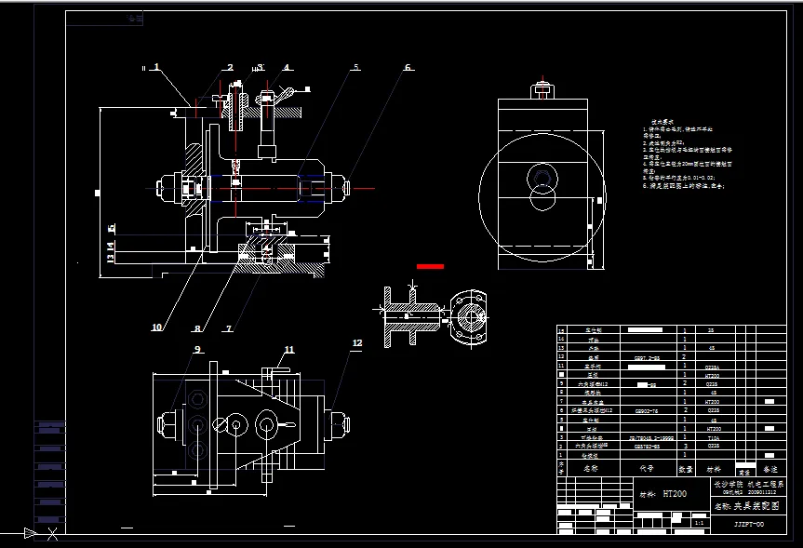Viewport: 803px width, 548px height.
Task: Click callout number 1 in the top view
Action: (157, 67)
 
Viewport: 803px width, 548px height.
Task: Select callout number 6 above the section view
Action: (408, 67)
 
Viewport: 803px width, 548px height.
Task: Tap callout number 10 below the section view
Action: (156, 327)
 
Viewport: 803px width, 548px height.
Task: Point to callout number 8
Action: (196, 327)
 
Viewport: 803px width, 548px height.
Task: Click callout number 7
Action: (229, 327)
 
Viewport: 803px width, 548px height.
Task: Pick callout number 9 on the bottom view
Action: (197, 350)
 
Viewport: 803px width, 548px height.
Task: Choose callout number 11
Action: (289, 350)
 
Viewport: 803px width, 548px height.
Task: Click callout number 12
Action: (356, 343)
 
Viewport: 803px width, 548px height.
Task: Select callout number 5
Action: (355, 67)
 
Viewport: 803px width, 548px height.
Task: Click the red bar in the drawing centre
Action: (430, 266)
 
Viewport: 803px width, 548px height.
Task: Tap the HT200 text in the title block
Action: (674, 493)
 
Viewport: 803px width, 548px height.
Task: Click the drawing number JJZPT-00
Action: (748, 525)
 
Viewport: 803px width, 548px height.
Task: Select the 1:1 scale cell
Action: (699, 525)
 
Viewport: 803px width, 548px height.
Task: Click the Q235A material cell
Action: (712, 367)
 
